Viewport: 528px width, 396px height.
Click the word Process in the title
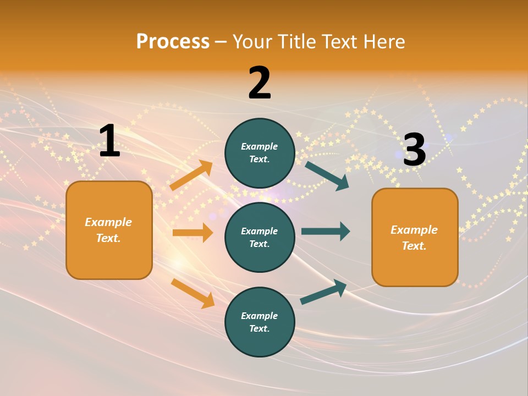pyautogui.click(x=173, y=41)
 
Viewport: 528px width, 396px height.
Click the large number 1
pyautogui.click(x=109, y=141)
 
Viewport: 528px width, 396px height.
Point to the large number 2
pyautogui.click(x=260, y=83)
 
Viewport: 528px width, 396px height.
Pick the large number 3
pyautogui.click(x=414, y=150)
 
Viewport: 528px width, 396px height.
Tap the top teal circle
pyautogui.click(x=260, y=153)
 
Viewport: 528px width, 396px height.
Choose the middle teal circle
pyautogui.click(x=260, y=237)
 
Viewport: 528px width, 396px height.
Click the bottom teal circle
pyautogui.click(x=260, y=322)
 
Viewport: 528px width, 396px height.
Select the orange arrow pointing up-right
pyautogui.click(x=191, y=175)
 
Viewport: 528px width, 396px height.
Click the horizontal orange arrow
pyautogui.click(x=193, y=233)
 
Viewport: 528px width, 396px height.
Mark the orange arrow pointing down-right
pyautogui.click(x=193, y=293)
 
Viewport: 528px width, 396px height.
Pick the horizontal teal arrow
pyautogui.click(x=325, y=231)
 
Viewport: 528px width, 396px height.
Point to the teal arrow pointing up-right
pyautogui.click(x=323, y=291)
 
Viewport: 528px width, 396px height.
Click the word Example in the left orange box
pyautogui.click(x=108, y=222)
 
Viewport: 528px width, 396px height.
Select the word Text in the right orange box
pyautogui.click(x=414, y=246)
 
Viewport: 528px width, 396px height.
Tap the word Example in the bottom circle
pyautogui.click(x=259, y=316)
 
